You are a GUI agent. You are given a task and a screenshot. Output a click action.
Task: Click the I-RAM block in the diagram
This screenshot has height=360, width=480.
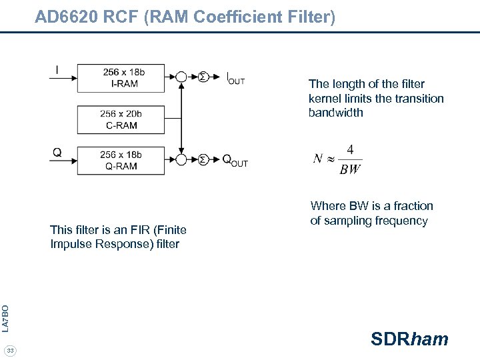[x=121, y=77]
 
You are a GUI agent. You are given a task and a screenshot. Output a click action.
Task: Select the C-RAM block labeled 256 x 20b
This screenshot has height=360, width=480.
[x=121, y=120]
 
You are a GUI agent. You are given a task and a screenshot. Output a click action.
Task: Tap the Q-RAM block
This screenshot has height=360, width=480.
[x=121, y=160]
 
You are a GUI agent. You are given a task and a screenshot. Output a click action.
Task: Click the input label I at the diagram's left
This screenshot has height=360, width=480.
[x=57, y=69]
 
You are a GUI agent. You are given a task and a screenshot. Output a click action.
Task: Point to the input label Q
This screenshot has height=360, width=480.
[x=57, y=152]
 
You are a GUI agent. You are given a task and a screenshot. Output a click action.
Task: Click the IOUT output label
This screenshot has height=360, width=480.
[x=235, y=78]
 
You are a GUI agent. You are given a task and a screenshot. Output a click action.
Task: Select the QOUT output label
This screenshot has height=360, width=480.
[x=235, y=161]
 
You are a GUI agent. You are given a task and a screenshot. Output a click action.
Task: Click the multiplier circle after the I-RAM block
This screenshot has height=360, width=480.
[x=181, y=77]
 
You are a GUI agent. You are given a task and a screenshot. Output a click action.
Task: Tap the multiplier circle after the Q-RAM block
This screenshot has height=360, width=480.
[x=181, y=160]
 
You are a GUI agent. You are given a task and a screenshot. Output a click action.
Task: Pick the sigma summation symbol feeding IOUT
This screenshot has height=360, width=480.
[x=203, y=77]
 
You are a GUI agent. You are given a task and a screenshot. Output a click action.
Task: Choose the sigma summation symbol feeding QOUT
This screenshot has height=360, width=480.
[x=203, y=160]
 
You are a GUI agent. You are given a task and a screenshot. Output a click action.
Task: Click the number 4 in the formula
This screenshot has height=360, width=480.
[x=350, y=149]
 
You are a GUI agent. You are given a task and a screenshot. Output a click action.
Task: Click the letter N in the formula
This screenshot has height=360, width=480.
[x=318, y=159]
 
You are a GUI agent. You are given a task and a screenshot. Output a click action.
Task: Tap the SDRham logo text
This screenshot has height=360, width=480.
[x=409, y=339]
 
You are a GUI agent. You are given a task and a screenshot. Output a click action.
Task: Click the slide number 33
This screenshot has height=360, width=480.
[x=11, y=351]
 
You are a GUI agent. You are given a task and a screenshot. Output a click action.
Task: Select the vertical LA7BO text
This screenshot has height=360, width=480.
[x=5, y=317]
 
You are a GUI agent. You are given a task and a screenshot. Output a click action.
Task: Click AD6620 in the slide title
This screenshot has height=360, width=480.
[x=65, y=17]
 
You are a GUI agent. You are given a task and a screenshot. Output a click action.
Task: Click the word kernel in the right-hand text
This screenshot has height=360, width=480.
[x=325, y=99]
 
